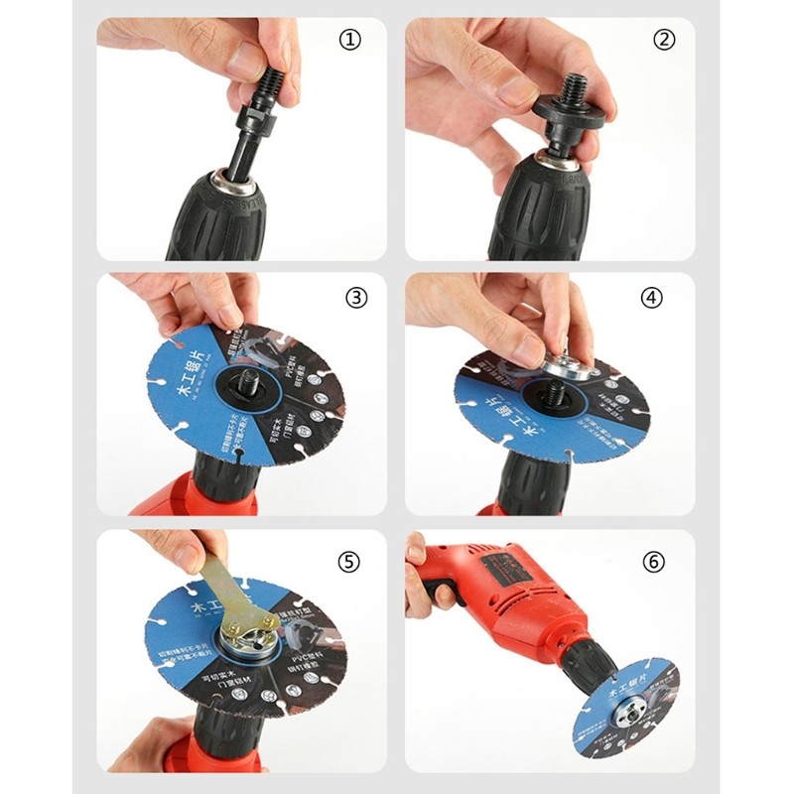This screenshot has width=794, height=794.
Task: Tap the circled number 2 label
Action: tap(663, 41)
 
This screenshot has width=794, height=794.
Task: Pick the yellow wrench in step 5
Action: tap(224, 595)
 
